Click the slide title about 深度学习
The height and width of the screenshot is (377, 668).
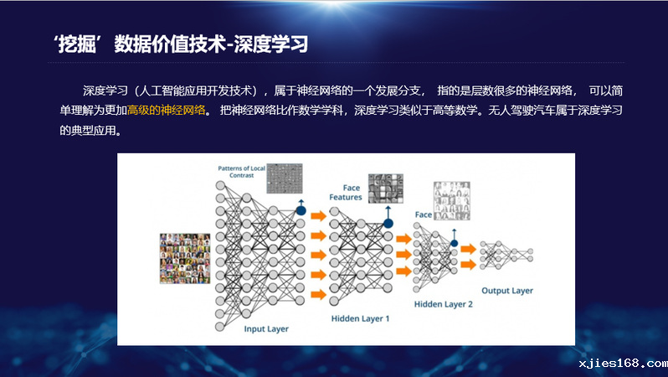click(x=181, y=44)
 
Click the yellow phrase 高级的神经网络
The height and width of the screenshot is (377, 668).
click(x=167, y=111)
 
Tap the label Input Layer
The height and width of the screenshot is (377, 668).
click(x=266, y=328)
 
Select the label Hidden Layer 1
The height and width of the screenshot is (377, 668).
click(x=361, y=318)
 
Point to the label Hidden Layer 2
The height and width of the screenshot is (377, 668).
click(x=444, y=304)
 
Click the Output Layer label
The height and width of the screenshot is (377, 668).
click(x=507, y=291)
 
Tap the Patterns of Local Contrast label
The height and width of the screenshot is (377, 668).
click(x=242, y=172)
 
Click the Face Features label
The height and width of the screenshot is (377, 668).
click(x=346, y=193)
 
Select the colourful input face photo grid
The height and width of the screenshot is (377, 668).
click(x=185, y=258)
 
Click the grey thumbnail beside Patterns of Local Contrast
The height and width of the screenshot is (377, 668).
click(x=285, y=178)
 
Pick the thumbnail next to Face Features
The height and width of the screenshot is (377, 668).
click(x=386, y=188)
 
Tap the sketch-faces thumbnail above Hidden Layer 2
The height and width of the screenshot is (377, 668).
click(x=451, y=201)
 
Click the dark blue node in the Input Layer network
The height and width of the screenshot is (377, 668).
click(x=301, y=210)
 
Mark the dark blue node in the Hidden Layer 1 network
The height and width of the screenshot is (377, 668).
click(x=388, y=223)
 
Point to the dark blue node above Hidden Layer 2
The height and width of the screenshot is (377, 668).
click(x=455, y=243)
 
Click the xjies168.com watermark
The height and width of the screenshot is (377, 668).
click(x=624, y=364)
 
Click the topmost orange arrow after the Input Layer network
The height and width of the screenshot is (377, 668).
click(x=319, y=216)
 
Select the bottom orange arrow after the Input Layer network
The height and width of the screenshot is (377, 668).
click(x=319, y=294)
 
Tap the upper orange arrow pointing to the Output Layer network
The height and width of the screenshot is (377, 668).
click(x=468, y=249)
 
